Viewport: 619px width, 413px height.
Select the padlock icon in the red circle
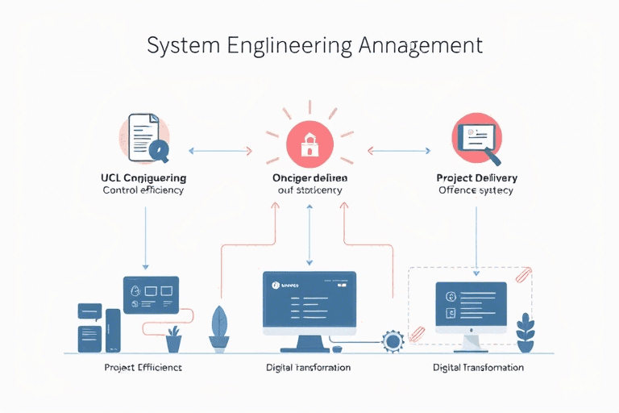[x=309, y=144]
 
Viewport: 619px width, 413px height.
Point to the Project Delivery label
[x=476, y=177]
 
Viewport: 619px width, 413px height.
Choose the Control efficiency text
[x=143, y=190]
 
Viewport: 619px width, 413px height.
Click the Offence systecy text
[x=476, y=190]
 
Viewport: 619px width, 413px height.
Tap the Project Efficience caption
[x=143, y=367]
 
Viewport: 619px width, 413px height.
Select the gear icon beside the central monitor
[x=393, y=341]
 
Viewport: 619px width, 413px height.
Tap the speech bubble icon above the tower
[x=89, y=311]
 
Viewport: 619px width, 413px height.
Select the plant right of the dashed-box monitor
[x=526, y=332]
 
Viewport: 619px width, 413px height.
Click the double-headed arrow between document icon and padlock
[x=219, y=150]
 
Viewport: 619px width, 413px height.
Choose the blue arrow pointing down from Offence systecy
[x=476, y=237]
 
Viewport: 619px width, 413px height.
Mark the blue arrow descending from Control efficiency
[x=145, y=236]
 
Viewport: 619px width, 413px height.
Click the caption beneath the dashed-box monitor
[x=478, y=367]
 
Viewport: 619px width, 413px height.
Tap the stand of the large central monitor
[x=309, y=342]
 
